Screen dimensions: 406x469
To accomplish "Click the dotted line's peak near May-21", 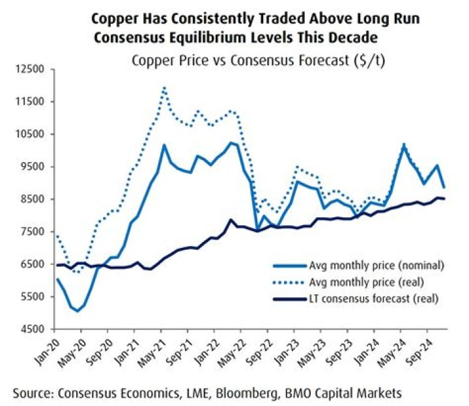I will pyautogui.click(x=164, y=87).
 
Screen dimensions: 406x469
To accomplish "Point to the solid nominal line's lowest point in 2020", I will pyautogui.click(x=78, y=311).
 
